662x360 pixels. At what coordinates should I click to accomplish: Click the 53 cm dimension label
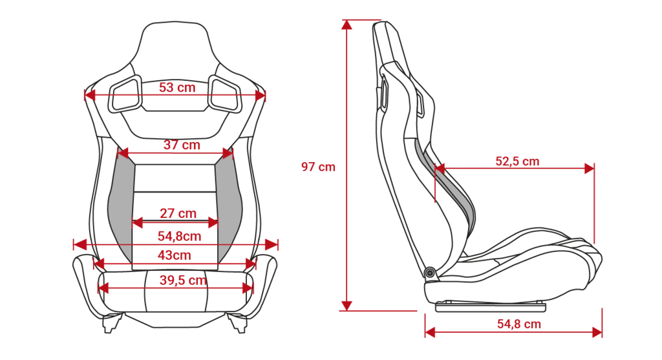pyautogui.click(x=177, y=87)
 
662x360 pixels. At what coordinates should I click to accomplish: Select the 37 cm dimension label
pyautogui.click(x=182, y=145)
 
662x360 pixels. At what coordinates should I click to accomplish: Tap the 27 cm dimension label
pyautogui.click(x=178, y=213)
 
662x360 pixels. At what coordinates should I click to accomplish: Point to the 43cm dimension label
pyautogui.click(x=175, y=255)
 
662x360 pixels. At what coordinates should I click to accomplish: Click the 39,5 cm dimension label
pyautogui.click(x=183, y=280)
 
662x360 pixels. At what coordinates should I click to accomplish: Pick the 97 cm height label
pyautogui.click(x=318, y=167)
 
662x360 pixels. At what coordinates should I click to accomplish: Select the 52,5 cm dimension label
pyautogui.click(x=517, y=161)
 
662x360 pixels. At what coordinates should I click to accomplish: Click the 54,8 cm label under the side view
pyautogui.click(x=519, y=324)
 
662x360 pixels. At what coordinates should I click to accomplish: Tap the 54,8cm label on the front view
pyautogui.click(x=180, y=236)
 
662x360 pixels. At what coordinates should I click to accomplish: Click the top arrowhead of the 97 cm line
pyautogui.click(x=347, y=25)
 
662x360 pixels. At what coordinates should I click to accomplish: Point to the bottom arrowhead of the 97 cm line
pyautogui.click(x=347, y=306)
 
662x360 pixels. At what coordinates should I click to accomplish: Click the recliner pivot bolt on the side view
pyautogui.click(x=430, y=273)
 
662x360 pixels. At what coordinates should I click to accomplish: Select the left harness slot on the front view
pyautogui.click(x=125, y=94)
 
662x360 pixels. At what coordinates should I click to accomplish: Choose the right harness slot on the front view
pyautogui.click(x=225, y=94)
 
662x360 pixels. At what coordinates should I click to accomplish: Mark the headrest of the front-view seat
pyautogui.click(x=175, y=47)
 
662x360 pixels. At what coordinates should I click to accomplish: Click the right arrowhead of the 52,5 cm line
pyautogui.click(x=589, y=169)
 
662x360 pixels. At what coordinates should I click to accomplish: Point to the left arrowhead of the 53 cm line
pyautogui.click(x=90, y=96)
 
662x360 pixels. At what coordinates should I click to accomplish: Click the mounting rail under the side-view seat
pyautogui.click(x=490, y=307)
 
